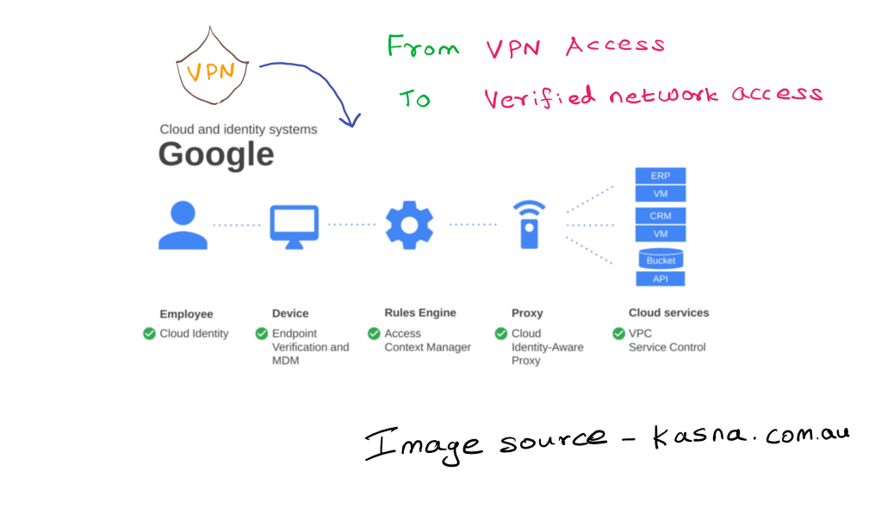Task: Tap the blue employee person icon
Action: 183,225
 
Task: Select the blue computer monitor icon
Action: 294,226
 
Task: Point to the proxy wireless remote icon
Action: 529,225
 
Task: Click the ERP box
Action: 660,176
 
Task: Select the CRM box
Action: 660,215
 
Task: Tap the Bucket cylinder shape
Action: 661,259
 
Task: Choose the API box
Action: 660,279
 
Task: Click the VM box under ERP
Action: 660,194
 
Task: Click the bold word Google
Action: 216,155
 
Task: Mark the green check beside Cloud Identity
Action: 149,333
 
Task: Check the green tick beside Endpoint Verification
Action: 261,333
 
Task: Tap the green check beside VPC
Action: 618,333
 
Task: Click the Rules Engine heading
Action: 420,313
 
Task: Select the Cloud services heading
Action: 668,313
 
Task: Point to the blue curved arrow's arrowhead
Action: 349,121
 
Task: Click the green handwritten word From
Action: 423,46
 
